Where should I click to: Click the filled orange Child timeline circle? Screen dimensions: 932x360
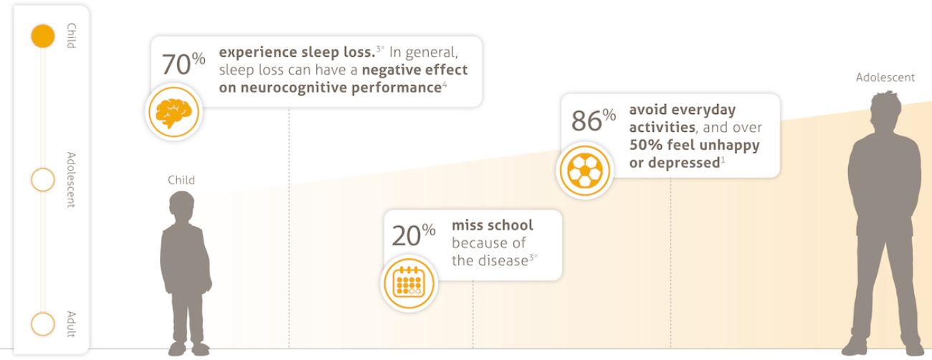tap(43, 36)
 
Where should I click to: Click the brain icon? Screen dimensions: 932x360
tap(174, 113)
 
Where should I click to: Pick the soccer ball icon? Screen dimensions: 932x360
tap(585, 171)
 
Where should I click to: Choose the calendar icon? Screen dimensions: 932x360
tap(409, 283)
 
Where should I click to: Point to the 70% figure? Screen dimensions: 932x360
tap(184, 64)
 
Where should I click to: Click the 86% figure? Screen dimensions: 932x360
tap(594, 120)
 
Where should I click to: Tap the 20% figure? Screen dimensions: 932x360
tap(414, 235)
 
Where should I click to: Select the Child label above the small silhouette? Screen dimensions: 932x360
tap(181, 180)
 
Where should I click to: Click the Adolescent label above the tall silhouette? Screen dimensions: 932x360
tap(885, 77)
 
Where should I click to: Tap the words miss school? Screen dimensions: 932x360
tap(493, 225)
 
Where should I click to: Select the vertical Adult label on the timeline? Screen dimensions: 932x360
tap(72, 324)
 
